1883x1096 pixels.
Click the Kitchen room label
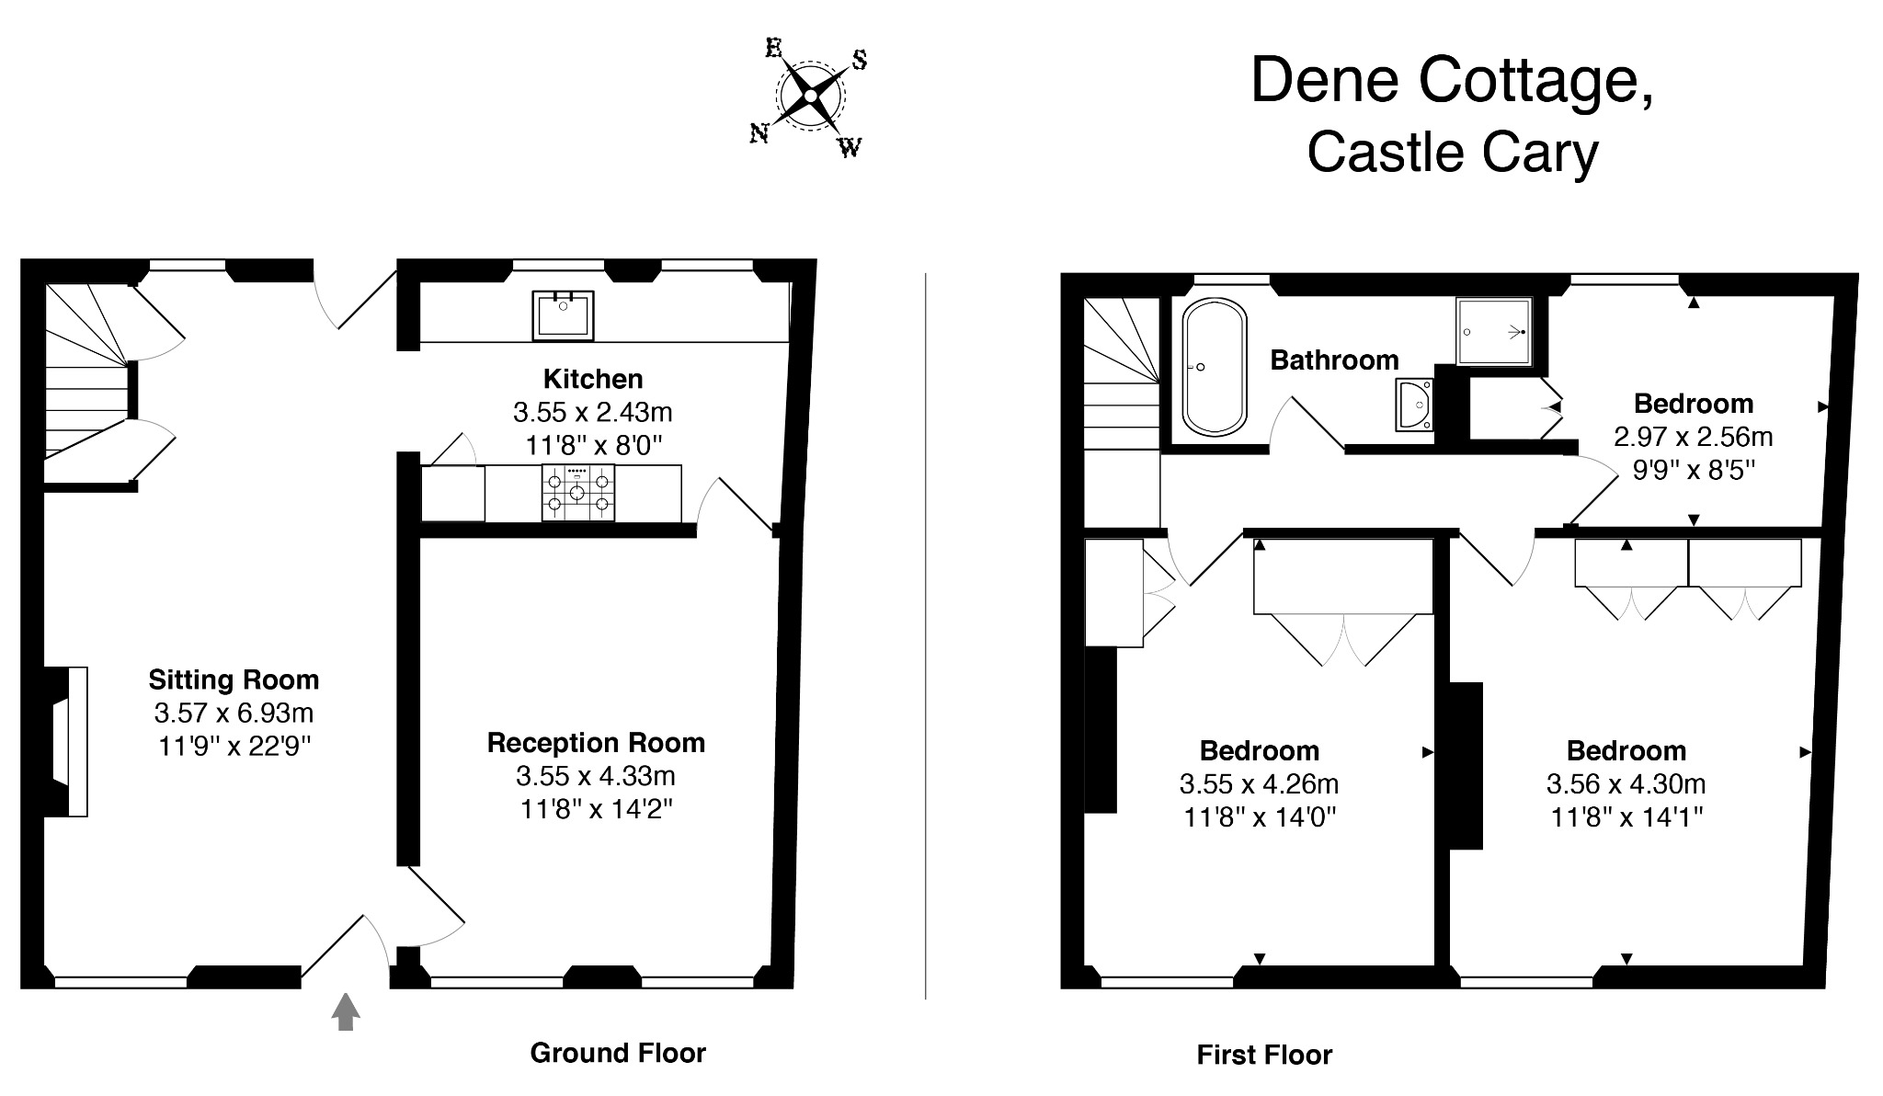[593, 379]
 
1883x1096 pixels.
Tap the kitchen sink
[563, 315]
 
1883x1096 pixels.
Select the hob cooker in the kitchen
[577, 493]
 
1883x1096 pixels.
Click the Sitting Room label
[234, 680]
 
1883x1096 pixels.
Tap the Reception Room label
[596, 743]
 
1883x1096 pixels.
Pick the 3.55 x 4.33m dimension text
[596, 776]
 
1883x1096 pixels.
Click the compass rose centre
[810, 96]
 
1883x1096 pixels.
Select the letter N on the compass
[759, 134]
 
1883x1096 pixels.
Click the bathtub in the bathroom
[1215, 367]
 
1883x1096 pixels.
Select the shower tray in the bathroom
[1494, 331]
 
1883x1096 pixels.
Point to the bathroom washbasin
[1414, 405]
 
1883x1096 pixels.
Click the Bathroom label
[1334, 360]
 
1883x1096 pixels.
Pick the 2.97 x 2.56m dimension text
[1694, 437]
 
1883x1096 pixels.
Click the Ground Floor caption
[618, 1053]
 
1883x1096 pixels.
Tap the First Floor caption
[1264, 1055]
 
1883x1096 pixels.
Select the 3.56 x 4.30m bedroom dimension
[1626, 784]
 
